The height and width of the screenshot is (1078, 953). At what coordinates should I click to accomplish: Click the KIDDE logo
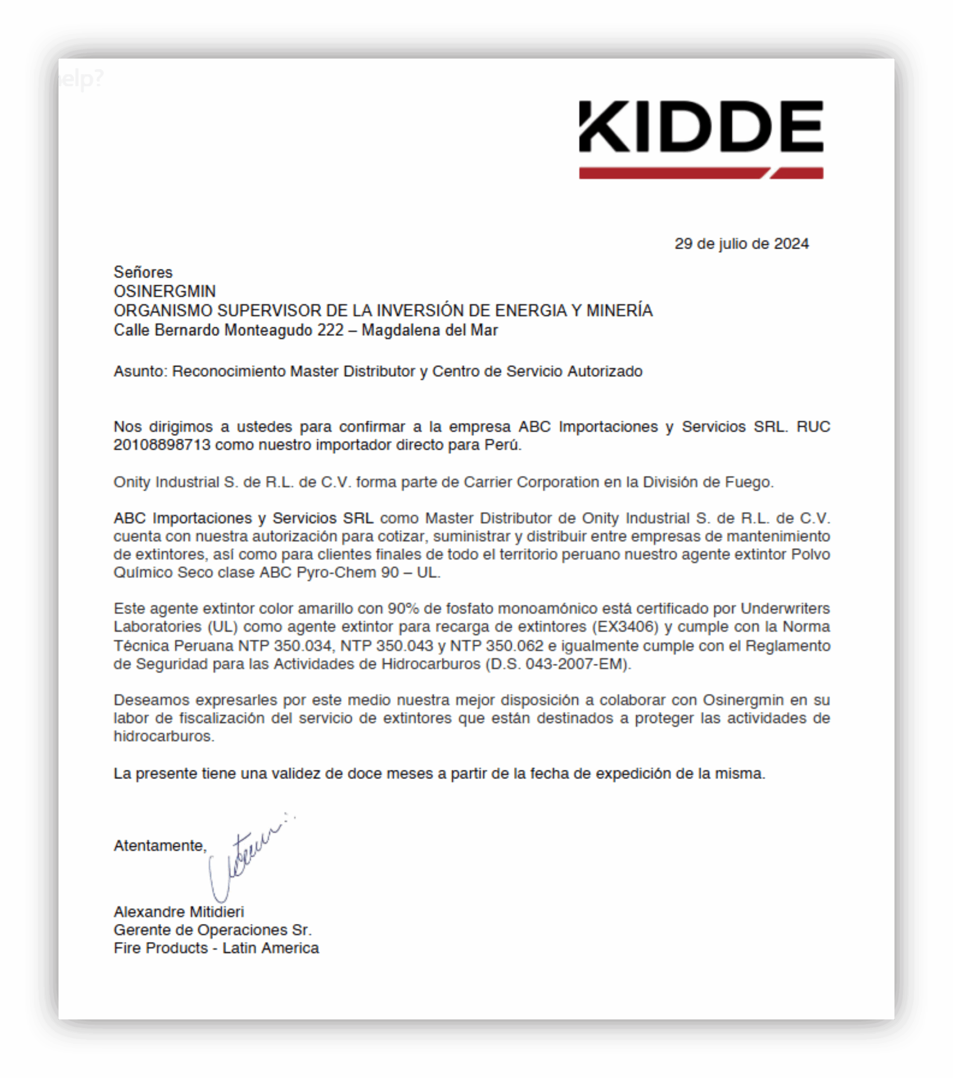point(701,127)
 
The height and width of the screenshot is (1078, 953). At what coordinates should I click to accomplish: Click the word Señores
point(143,272)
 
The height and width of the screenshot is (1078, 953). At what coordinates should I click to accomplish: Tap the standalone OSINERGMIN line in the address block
point(165,291)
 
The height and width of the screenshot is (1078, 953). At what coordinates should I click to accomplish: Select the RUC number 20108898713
point(162,445)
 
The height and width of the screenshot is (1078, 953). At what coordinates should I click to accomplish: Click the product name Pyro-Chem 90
point(348,572)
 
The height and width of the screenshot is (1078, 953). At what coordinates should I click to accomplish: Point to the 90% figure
point(403,608)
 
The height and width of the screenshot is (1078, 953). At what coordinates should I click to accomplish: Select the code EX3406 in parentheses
point(625,627)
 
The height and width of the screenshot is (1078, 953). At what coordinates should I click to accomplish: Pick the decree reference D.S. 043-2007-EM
point(557,664)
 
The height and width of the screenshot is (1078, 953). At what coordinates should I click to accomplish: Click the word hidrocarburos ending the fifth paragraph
point(163,736)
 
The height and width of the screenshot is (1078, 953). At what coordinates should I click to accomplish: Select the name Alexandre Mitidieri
point(179,912)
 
